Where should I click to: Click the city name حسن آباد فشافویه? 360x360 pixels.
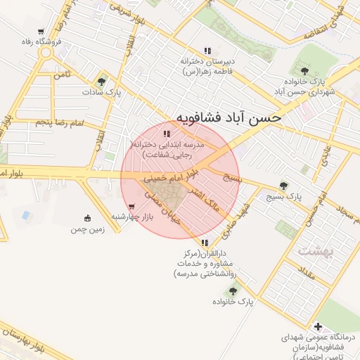coord(228,117)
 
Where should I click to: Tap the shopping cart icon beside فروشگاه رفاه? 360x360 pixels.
coord(41,32)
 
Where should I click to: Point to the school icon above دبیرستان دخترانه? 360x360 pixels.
coord(207,51)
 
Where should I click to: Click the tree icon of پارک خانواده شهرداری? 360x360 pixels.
coord(304,70)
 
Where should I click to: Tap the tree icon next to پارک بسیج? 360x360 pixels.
coord(283,186)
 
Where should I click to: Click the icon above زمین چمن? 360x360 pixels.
coord(87,217)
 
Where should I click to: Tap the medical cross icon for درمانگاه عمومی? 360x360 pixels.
coord(319,327)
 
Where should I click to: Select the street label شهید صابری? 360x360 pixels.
coord(238,219)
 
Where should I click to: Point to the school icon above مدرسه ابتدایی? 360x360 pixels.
coord(166,133)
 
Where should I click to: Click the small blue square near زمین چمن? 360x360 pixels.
coord(27,214)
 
